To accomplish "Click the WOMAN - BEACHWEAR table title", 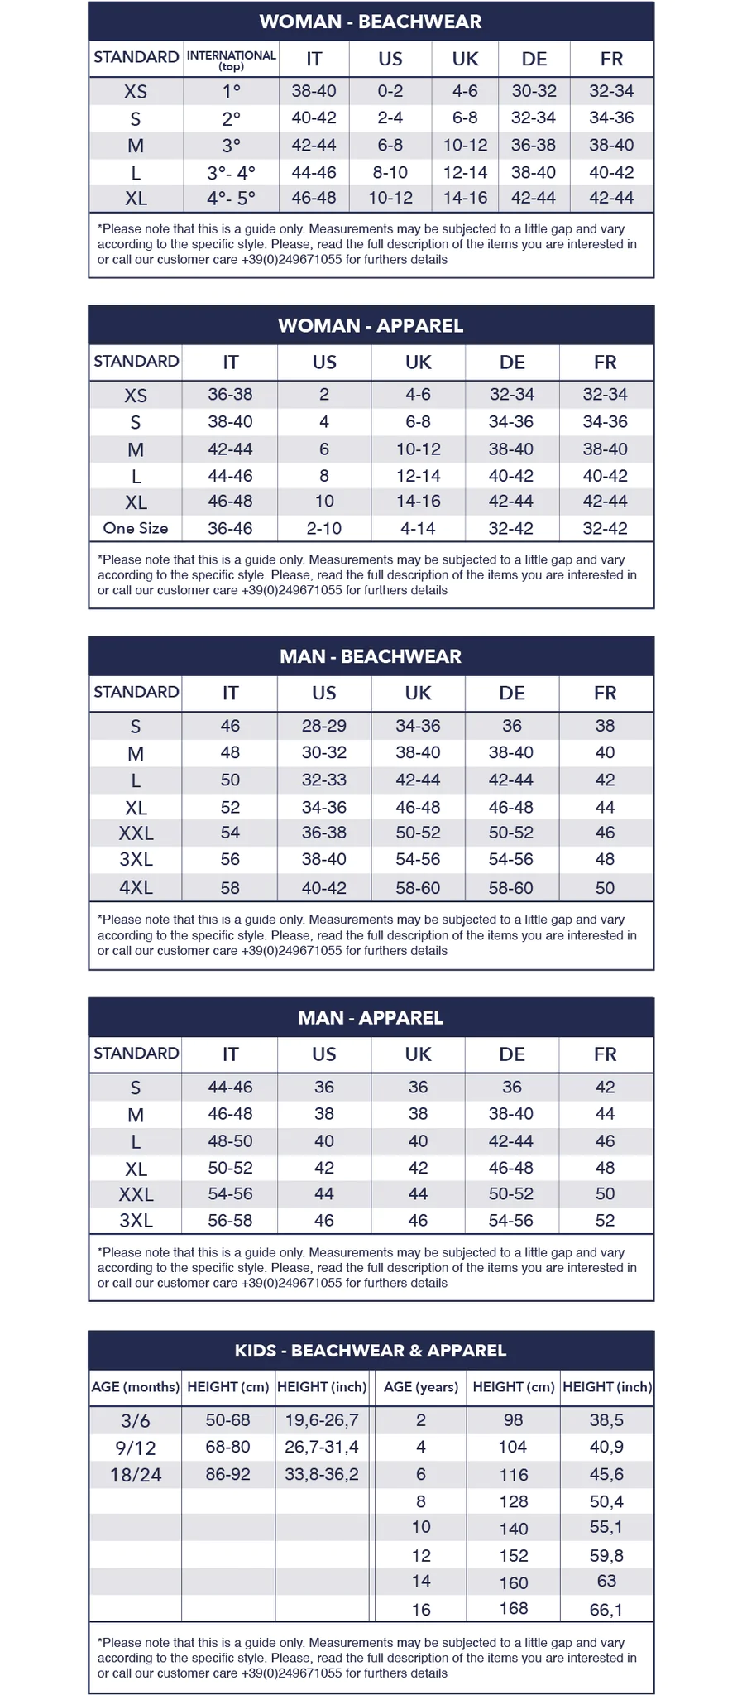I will (x=371, y=22).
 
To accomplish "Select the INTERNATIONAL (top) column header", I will (x=231, y=60).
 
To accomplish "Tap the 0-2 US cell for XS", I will (x=390, y=91).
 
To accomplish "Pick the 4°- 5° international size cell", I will (x=231, y=199).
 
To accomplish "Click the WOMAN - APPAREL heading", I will (x=371, y=325).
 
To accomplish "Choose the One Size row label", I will (x=136, y=528).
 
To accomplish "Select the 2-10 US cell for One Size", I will (x=324, y=528).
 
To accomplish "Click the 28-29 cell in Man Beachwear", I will (x=324, y=726).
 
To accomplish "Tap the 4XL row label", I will (x=136, y=888).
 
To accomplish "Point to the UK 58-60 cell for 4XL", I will (x=418, y=888).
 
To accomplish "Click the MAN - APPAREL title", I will (x=371, y=1017).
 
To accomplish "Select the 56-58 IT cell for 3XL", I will (x=230, y=1221).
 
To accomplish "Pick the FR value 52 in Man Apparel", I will (x=606, y=1221).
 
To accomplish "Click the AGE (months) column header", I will (x=136, y=1387).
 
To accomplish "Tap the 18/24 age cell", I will (x=136, y=1475).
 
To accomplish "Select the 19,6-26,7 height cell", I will (x=322, y=1420).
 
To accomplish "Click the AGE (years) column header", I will (x=421, y=1387).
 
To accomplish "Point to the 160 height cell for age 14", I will (x=514, y=1583).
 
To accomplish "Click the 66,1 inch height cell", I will (x=606, y=1610).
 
